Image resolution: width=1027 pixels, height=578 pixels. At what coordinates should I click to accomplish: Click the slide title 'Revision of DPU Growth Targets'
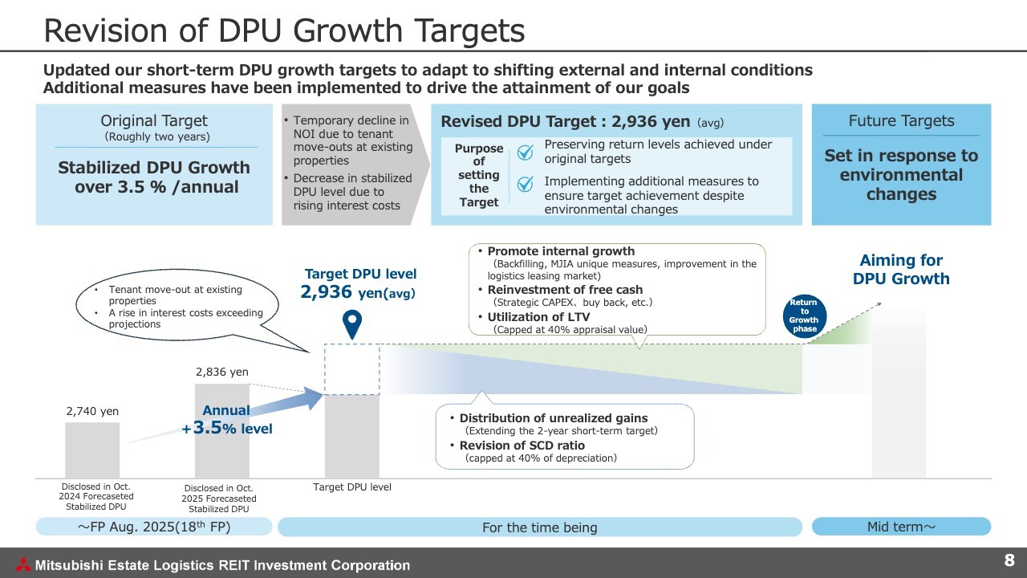point(284,31)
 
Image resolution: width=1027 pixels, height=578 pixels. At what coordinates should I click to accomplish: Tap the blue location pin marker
point(352,323)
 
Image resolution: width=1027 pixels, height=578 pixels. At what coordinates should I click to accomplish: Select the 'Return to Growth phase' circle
point(804,316)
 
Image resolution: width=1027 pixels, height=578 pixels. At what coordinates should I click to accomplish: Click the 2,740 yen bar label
point(92,411)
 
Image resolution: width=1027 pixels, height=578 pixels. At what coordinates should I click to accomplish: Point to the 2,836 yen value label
point(222,372)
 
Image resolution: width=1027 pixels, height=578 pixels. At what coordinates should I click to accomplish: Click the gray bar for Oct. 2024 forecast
point(92,450)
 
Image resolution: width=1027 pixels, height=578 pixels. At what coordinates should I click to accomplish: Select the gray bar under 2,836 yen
point(222,431)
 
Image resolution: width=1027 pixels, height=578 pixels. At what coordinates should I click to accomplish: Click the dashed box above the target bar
point(352,368)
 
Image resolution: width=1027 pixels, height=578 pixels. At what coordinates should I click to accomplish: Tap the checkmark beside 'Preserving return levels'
point(525,153)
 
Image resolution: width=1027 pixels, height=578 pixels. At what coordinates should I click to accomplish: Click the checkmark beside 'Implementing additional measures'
point(525,184)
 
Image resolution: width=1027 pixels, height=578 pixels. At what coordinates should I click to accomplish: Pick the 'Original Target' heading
point(154,120)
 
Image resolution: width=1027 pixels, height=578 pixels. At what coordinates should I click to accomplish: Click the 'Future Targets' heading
point(901,120)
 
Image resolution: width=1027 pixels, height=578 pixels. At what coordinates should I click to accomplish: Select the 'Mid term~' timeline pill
point(901,527)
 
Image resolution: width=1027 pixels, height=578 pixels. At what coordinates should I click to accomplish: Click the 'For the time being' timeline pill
point(540,527)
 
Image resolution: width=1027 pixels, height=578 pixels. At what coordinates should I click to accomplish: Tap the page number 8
point(1009,560)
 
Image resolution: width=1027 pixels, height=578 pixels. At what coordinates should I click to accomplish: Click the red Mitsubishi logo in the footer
point(23,564)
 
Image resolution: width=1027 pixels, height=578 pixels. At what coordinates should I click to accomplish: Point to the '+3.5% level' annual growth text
point(227,428)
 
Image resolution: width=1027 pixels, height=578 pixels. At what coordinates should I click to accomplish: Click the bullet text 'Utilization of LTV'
point(538,317)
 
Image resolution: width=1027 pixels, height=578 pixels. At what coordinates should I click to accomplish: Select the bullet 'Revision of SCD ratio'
point(522,446)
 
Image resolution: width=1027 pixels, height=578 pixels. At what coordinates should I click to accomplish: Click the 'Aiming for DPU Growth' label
point(901,269)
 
